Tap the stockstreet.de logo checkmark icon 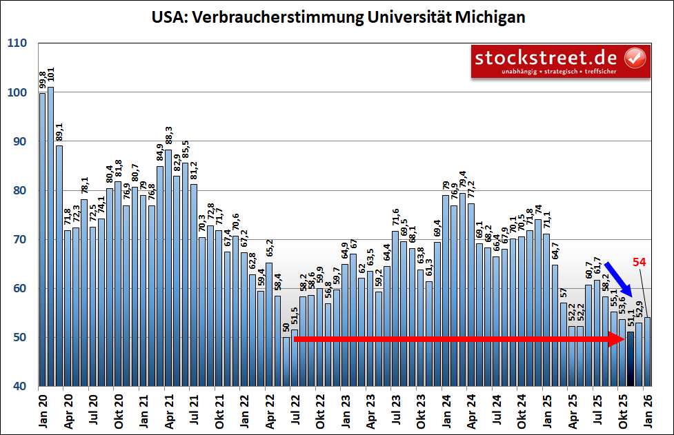coord(635,60)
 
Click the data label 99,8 coord(42,80)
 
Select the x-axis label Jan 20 coord(42,409)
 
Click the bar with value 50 coord(286,362)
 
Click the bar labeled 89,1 coord(59,265)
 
